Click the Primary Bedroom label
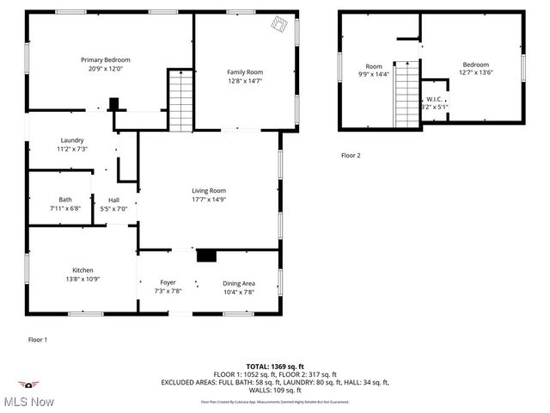coord(112,59)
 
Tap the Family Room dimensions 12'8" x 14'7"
coord(245,81)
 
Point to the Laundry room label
coord(71,140)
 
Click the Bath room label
coord(65,199)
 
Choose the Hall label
coord(113,200)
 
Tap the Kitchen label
coord(82,270)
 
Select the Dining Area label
coord(239,283)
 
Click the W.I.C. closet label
coord(435,100)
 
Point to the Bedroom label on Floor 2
coord(475,65)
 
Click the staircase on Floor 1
coord(180,102)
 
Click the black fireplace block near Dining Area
coord(207,256)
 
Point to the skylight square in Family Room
coord(280,25)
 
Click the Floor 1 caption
coord(38,340)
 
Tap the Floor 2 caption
coord(351,156)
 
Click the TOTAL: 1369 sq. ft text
coord(274,367)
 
